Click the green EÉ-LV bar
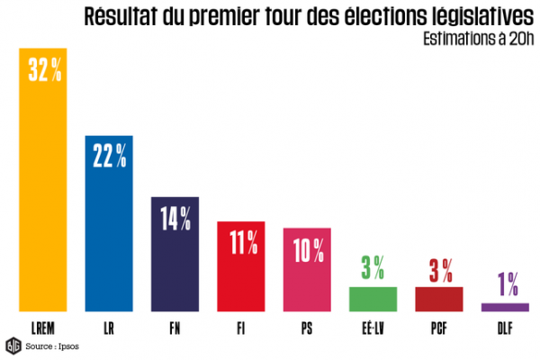(373, 299)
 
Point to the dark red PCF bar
(438, 299)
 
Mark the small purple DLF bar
(505, 307)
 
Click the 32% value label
(44, 73)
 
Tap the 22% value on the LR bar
(110, 156)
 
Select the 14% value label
(175, 217)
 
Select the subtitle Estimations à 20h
(473, 39)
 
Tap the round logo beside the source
(13, 345)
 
